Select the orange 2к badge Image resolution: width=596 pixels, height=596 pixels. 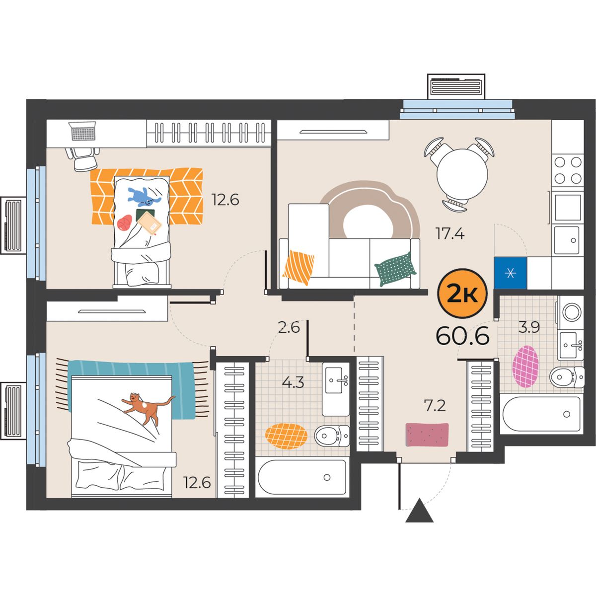pos(462,293)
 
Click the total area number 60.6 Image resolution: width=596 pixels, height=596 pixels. pos(462,336)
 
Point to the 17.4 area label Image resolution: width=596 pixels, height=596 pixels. pos(449,233)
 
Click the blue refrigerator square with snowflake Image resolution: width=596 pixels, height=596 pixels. pos(511,273)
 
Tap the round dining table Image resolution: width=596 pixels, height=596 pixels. pos(462,174)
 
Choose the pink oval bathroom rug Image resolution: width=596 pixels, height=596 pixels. pos(525,367)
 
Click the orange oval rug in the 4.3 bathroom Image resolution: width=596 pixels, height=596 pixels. pos(286,436)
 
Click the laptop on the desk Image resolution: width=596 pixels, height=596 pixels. pos(83,131)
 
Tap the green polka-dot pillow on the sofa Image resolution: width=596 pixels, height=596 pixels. pos(395,269)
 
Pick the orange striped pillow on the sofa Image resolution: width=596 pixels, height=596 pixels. pos(298,267)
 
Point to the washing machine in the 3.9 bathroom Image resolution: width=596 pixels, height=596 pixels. pos(571,312)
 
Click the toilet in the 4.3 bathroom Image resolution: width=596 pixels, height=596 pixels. pos(332,436)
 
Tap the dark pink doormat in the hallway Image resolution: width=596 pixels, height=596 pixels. pos(427,435)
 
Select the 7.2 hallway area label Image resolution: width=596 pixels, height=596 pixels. pos(436,405)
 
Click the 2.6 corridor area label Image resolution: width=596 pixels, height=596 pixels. pos(289,327)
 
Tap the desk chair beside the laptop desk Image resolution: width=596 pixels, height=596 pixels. pos(82,158)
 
